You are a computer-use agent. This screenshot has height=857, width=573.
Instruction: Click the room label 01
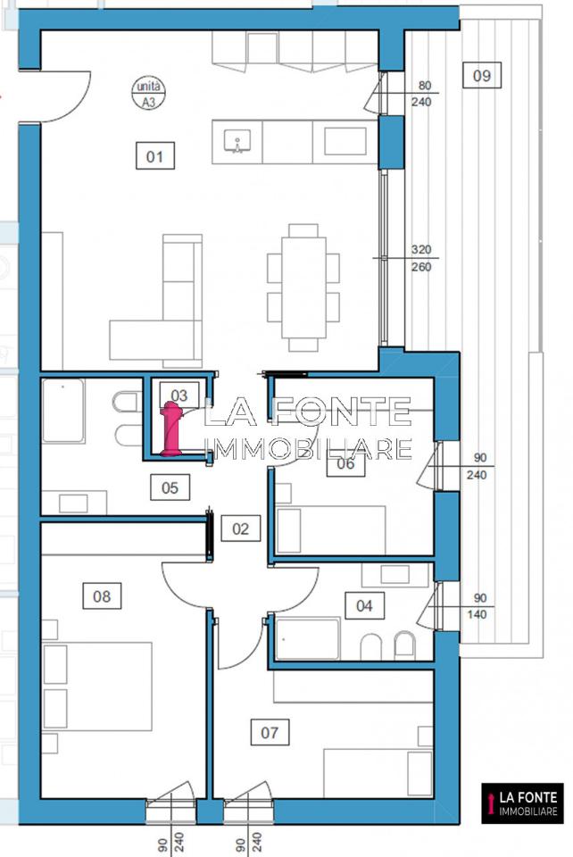pyautogui.click(x=154, y=156)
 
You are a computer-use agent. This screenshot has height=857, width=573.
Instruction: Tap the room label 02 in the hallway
pyautogui.click(x=240, y=528)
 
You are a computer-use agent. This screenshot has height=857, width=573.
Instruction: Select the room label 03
pyautogui.click(x=179, y=395)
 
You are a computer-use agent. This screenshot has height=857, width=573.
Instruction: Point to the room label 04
pyautogui.click(x=364, y=605)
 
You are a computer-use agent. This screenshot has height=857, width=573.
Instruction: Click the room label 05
pyautogui.click(x=170, y=487)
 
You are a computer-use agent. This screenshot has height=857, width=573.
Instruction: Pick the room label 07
pyautogui.click(x=270, y=732)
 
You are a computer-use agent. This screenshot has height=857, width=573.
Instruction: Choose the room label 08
pyautogui.click(x=102, y=595)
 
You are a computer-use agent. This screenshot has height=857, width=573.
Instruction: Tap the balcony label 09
pyautogui.click(x=481, y=75)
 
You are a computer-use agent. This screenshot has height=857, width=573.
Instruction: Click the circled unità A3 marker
pyautogui.click(x=148, y=94)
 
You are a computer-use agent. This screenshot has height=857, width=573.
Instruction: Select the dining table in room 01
pyautogui.click(x=303, y=287)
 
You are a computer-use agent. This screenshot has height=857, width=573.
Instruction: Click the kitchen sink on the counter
pyautogui.click(x=237, y=142)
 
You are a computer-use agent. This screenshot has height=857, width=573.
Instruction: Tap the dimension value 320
pyautogui.click(x=421, y=249)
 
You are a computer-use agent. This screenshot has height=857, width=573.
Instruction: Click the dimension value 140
pyautogui.click(x=477, y=614)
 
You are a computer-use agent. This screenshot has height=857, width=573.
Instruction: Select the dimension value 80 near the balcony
pyautogui.click(x=425, y=86)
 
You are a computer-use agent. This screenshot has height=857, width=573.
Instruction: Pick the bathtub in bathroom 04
pyautogui.click(x=308, y=639)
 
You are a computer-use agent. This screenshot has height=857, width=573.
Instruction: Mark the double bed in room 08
pyautogui.click(x=96, y=686)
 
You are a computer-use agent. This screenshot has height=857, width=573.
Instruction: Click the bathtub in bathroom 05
pyautogui.click(x=63, y=411)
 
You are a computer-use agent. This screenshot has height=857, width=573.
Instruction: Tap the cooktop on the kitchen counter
pyautogui.click(x=345, y=142)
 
